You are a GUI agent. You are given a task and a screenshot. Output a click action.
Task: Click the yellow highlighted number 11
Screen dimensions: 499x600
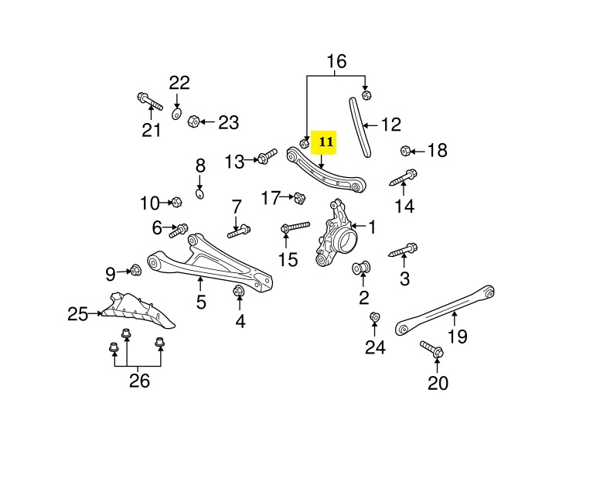326,142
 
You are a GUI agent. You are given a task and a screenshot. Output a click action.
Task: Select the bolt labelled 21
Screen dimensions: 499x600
149,101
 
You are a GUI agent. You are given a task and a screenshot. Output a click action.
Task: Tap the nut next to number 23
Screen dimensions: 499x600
195,121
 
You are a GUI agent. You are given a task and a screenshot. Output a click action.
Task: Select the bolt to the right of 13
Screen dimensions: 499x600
266,158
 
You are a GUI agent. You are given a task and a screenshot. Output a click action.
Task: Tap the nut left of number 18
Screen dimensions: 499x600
405,150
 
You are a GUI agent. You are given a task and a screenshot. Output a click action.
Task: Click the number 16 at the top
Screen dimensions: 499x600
336,60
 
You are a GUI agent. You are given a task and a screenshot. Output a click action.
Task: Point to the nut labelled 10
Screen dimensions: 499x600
176,203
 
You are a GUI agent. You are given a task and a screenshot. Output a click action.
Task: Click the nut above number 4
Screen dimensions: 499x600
239,292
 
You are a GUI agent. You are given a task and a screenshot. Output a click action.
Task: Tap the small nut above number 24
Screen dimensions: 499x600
374,317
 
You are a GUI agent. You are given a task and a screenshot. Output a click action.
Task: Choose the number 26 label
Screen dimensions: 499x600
139,380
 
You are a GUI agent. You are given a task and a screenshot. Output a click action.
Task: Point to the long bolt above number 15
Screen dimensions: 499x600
295,227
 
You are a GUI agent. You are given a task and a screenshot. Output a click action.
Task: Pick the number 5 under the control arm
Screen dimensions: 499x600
201,302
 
